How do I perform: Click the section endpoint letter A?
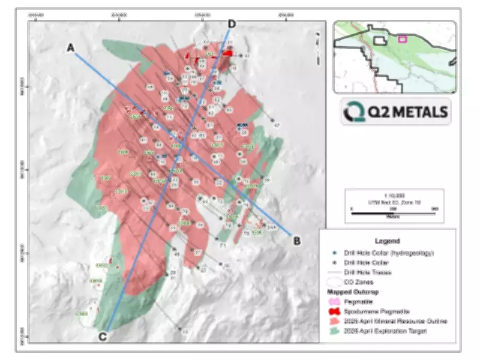(71, 48)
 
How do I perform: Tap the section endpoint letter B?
(296, 241)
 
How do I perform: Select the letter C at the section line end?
(103, 336)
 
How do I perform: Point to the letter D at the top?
(232, 24)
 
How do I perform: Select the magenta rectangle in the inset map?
(403, 39)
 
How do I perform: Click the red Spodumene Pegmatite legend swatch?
(332, 311)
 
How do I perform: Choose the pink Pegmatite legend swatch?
(332, 302)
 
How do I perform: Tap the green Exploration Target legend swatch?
(332, 331)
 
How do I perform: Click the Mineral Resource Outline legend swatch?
(332, 321)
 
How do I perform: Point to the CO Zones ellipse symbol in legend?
(332, 282)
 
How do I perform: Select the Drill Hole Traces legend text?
(373, 272)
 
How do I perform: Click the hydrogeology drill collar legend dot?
(332, 253)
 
